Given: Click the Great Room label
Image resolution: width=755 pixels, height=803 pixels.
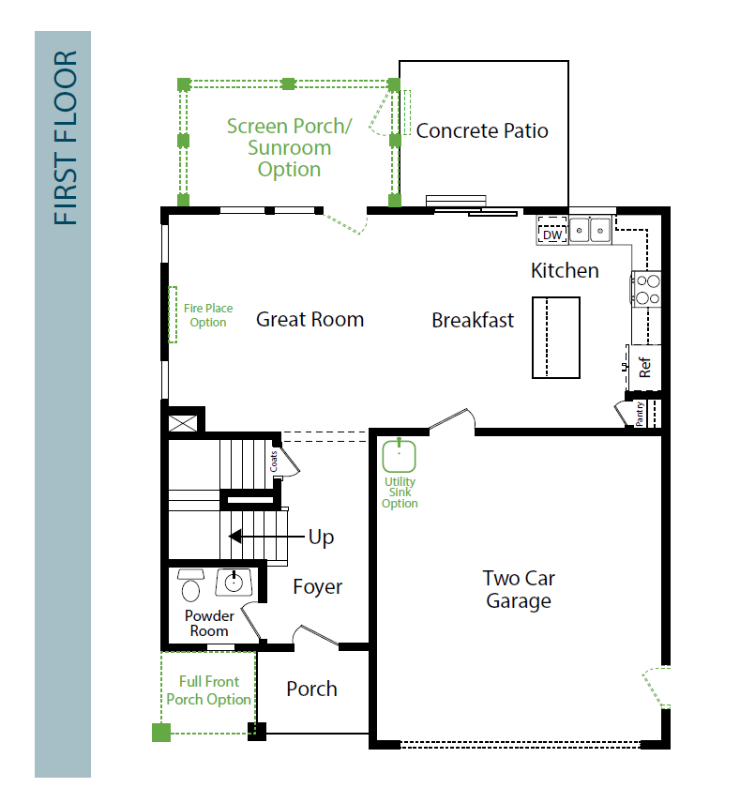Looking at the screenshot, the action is click(x=310, y=320).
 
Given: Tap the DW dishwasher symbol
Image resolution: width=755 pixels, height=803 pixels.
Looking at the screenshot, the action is click(x=552, y=230).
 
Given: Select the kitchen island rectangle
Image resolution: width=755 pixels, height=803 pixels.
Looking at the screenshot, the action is click(x=556, y=338).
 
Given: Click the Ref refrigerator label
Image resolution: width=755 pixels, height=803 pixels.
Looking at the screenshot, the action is click(x=644, y=368).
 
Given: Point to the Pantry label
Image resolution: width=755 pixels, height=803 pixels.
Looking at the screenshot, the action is click(x=640, y=414).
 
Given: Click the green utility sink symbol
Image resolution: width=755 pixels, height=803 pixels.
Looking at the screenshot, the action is click(x=399, y=455).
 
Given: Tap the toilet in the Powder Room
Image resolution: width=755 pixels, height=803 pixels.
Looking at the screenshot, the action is click(x=190, y=584).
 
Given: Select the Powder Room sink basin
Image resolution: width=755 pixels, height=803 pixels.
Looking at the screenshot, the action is click(x=234, y=583).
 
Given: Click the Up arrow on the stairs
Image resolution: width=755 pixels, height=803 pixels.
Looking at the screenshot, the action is click(x=266, y=537).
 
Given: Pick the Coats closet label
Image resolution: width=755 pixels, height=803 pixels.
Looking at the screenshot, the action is click(x=274, y=461).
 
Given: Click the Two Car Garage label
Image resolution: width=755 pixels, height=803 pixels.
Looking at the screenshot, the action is click(x=519, y=589).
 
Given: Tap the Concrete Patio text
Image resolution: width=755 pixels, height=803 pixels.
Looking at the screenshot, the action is click(x=482, y=130).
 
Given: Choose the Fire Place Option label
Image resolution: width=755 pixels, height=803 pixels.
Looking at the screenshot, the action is click(x=208, y=315).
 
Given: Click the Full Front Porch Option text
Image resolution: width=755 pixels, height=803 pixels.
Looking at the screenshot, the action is click(x=209, y=690).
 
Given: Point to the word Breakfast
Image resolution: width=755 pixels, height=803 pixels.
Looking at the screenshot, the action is click(x=473, y=320).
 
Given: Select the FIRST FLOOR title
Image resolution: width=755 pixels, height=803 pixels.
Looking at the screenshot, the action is click(x=66, y=137).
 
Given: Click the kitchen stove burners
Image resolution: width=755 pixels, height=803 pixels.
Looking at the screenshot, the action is click(x=647, y=289).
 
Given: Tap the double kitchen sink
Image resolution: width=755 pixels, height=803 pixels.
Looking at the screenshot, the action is click(x=590, y=230).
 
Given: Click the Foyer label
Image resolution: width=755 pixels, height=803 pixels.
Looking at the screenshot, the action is click(x=317, y=587).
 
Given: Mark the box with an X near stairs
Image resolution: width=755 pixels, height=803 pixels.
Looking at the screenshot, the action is click(x=183, y=423).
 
